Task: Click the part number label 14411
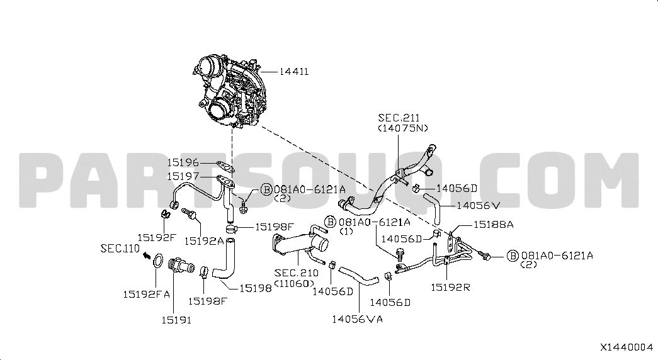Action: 294,72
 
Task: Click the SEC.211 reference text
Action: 399,118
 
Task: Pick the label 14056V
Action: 479,206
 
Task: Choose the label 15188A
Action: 494,225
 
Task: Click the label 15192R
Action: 451,288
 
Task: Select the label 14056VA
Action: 358,319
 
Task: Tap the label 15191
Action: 176,320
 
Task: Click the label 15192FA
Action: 147,295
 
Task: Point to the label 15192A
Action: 204,241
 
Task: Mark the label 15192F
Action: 157,237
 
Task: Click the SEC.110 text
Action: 120,249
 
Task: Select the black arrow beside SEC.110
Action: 147,255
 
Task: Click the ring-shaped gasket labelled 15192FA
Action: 157,261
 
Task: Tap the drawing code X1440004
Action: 627,347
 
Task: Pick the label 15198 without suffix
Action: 256,288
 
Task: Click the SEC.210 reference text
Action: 297,273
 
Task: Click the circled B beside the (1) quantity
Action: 331,222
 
